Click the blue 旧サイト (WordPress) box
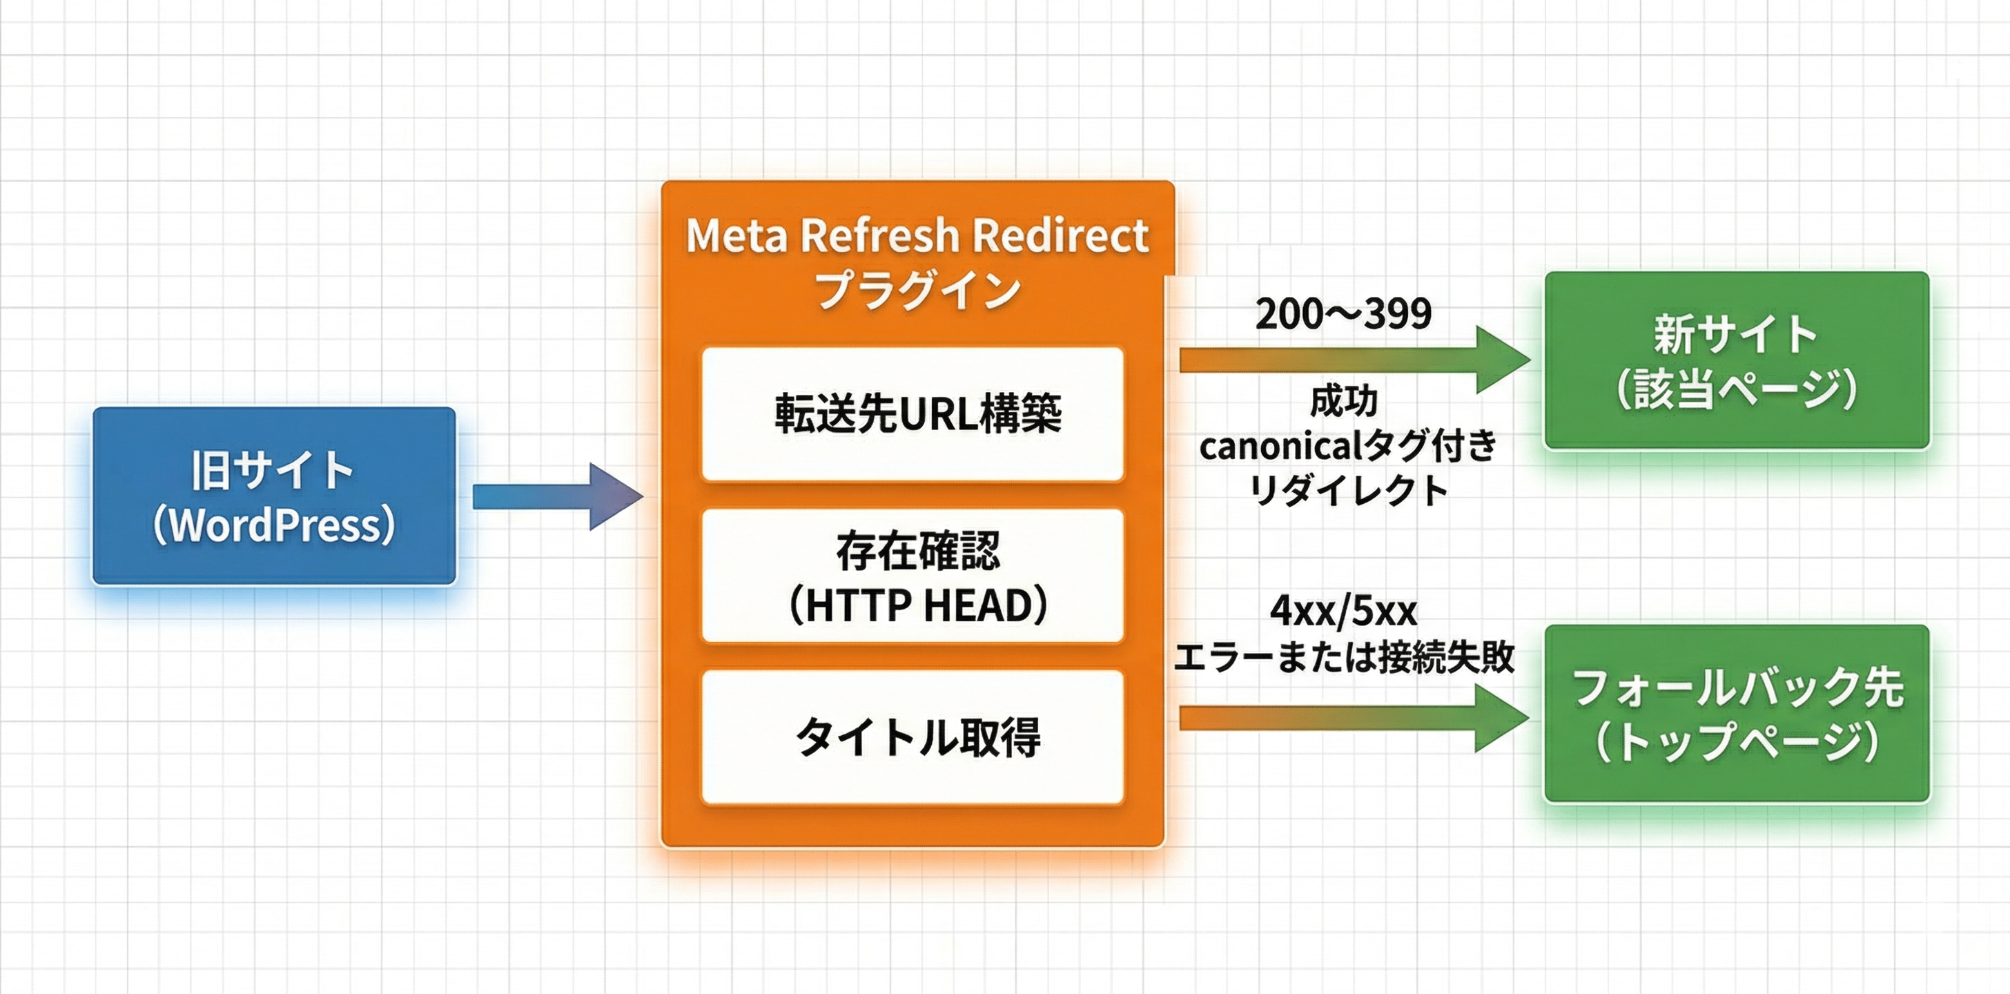click(x=273, y=496)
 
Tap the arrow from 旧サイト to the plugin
click(x=557, y=496)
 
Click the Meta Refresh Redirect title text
click(x=917, y=235)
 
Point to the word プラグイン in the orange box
click(x=917, y=290)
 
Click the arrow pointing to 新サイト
click(x=1354, y=360)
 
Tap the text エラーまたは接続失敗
click(x=1345, y=657)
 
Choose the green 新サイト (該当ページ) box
click(x=1736, y=360)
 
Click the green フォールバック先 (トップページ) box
click(x=1736, y=714)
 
